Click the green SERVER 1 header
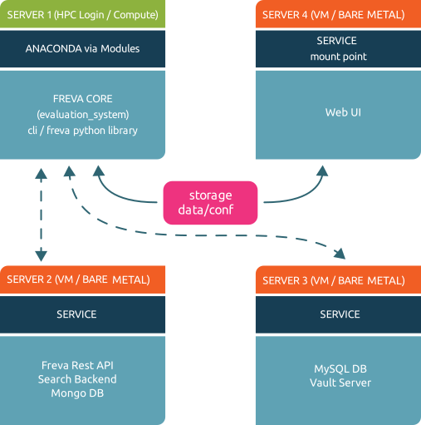pos(82,14)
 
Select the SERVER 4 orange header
pos(338,14)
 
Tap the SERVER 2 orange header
pos(82,279)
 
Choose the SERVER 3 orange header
pos(338,279)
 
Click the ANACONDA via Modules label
pos(82,49)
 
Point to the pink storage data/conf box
pos(210,203)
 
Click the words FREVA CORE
pos(83,99)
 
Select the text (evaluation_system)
pos(83,115)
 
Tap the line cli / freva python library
pos(82,131)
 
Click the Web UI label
pos(343,112)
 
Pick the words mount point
pos(338,57)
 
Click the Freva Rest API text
pos(77,365)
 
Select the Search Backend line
pos(77,379)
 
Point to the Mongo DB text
pos(77,393)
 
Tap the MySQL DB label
pos(340,369)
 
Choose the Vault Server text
pos(340,383)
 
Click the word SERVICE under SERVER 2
pos(76,314)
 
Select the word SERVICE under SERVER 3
pos(340,314)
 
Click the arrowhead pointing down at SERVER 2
pos(41,256)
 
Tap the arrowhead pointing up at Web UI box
pos(322,170)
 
